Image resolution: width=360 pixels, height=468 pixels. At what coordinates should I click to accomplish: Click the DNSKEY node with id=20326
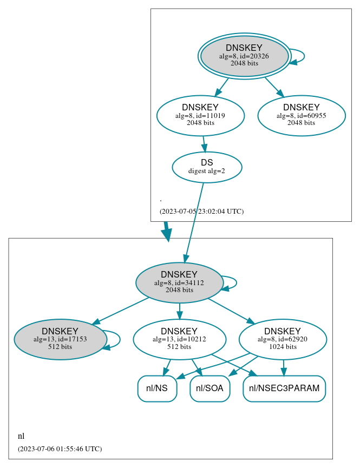click(244, 56)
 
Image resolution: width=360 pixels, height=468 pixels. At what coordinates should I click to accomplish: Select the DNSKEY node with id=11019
click(200, 115)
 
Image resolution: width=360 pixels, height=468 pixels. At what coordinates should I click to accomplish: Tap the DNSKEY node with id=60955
click(302, 115)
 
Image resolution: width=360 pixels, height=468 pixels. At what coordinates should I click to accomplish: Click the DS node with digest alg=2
click(207, 167)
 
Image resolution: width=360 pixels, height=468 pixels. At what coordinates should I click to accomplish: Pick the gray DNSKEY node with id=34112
click(179, 282)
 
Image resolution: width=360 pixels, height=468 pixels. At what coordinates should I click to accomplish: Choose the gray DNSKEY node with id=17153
click(60, 339)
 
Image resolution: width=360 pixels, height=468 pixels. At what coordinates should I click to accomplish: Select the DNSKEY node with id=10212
click(179, 339)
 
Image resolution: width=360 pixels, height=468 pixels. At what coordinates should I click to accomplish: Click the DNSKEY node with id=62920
click(283, 339)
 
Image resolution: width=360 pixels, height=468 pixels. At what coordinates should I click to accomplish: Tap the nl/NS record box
click(157, 388)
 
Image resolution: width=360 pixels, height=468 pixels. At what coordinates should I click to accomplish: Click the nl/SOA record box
click(210, 388)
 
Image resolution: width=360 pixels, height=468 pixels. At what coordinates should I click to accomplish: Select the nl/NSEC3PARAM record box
click(284, 388)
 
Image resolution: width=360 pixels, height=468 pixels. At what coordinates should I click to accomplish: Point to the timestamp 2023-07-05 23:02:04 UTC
click(201, 212)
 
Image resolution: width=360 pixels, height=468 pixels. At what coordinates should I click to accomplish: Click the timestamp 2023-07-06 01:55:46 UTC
click(60, 449)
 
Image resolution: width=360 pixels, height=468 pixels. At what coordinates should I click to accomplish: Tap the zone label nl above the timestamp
click(21, 436)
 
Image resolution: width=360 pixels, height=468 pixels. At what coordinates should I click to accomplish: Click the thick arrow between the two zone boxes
click(167, 231)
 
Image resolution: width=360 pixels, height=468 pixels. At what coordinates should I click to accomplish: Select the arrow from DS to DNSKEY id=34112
click(194, 222)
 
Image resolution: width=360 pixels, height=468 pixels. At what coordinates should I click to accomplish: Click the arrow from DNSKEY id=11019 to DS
click(204, 143)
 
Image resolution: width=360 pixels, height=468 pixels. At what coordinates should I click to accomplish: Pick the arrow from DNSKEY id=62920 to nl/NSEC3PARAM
click(283, 367)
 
